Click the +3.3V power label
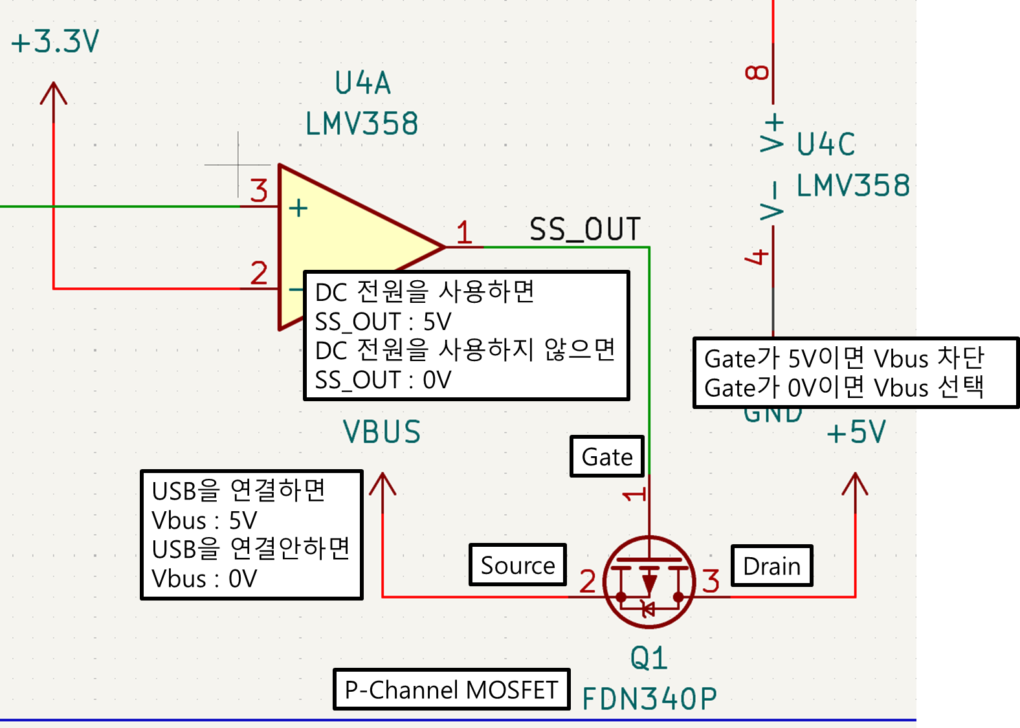click(55, 42)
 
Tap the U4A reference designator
click(362, 83)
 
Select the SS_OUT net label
click(585, 230)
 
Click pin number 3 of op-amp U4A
click(259, 191)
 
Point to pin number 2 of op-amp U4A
click(259, 272)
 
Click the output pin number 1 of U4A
click(464, 232)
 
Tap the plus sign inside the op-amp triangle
click(298, 208)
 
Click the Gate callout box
click(607, 457)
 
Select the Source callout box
click(518, 565)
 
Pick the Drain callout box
click(771, 566)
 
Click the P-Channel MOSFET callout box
click(451, 690)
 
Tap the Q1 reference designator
click(649, 659)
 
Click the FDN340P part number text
click(650, 699)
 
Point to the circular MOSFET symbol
click(649, 582)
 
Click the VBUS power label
click(382, 432)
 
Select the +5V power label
click(856, 432)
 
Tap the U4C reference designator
click(826, 144)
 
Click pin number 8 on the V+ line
click(757, 72)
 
